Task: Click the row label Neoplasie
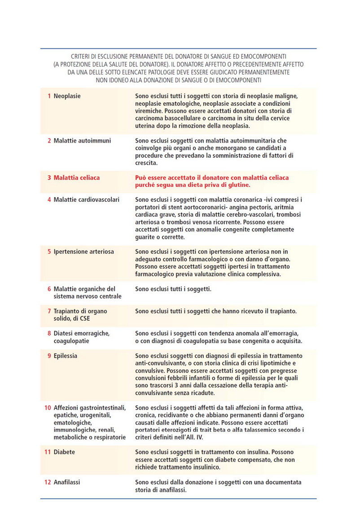[x=67, y=96]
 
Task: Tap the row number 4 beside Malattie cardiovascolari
[x=49, y=200]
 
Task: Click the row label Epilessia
[x=66, y=356]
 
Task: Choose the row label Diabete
[x=64, y=452]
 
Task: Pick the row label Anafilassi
[x=67, y=482]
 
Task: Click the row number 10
[x=48, y=408]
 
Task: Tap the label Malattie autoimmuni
[x=82, y=140]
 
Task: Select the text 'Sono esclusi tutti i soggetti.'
[x=173, y=289]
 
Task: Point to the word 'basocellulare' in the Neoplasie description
[x=192, y=118]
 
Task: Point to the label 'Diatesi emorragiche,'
[x=81, y=333]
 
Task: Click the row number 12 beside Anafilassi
[x=48, y=482]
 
